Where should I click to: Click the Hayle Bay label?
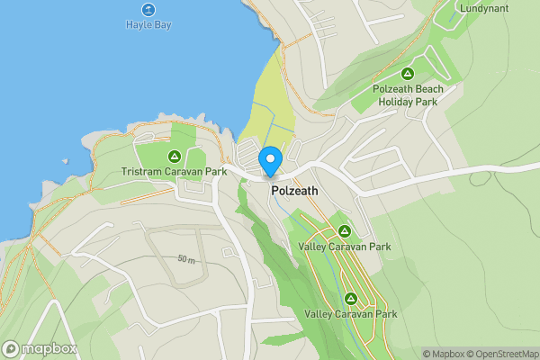148,24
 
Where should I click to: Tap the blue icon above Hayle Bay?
148,9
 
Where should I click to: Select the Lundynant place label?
484,8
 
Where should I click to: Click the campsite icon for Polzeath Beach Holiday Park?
408,73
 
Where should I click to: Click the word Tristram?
140,171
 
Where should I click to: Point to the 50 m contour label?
187,259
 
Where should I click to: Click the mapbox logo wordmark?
49,349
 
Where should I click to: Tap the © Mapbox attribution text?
445,354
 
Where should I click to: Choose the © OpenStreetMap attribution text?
502,354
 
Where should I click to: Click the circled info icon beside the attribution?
415,354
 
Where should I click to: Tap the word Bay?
162,24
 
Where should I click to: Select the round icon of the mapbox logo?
12,349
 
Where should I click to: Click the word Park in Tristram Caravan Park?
213,171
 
